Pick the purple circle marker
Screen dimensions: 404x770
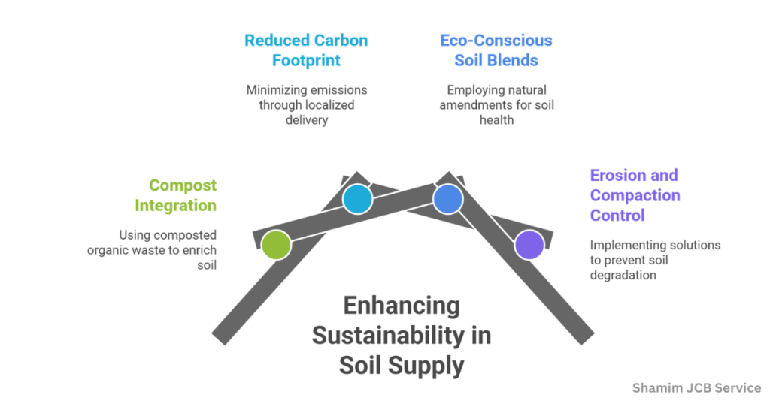click(x=529, y=245)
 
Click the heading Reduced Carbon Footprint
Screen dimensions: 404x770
click(x=307, y=50)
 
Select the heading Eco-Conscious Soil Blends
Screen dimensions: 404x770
click(x=496, y=50)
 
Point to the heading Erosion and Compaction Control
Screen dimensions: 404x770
click(x=635, y=195)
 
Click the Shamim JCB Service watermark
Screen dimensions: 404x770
click(x=696, y=388)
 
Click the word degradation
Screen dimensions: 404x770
click(x=623, y=275)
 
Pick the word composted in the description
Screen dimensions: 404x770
click(x=184, y=234)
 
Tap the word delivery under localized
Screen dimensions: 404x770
click(x=307, y=120)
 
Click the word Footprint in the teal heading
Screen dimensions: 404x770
click(x=307, y=60)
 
